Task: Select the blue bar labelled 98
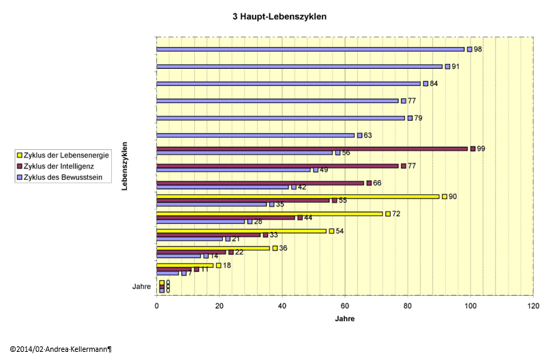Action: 310,49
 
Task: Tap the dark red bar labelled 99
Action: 312,149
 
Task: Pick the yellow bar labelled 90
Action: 298,196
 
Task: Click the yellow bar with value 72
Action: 269,213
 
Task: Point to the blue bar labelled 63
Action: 256,135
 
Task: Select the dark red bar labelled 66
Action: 260,183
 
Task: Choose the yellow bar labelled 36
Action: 213,248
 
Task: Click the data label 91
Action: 455,67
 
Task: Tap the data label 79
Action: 418,118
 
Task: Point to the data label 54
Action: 339,231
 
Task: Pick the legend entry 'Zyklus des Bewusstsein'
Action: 62,177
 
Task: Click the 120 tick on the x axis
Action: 532,306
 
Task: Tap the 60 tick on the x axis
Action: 344,306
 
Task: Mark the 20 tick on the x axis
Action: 219,306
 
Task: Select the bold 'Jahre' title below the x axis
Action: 344,318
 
